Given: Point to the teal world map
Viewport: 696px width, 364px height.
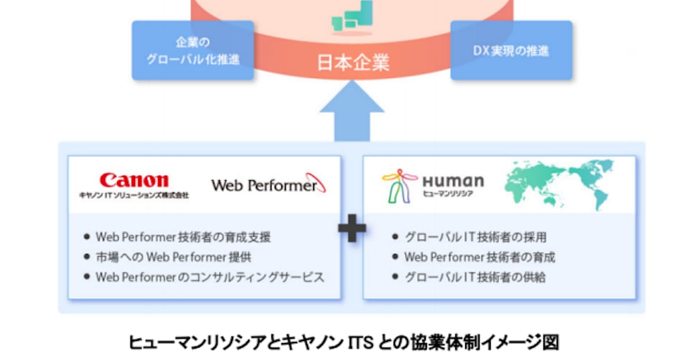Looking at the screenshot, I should coord(559,184).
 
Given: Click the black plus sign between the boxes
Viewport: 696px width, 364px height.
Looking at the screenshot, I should coord(352,228).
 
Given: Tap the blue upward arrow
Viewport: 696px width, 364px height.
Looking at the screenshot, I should coord(352,113).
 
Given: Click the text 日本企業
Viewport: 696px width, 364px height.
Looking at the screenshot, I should coord(352,63).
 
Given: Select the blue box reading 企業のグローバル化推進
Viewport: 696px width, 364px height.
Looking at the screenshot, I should coord(192,50).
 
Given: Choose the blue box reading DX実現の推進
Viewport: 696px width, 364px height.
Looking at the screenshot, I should coord(511,50).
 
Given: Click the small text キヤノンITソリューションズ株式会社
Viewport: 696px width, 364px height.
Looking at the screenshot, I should coord(133,196).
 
